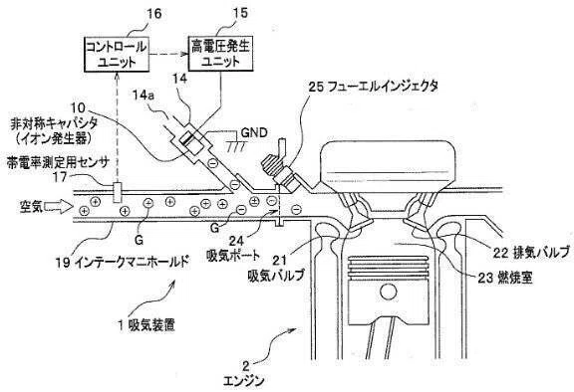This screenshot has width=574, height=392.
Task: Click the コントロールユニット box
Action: pyautogui.click(x=118, y=54)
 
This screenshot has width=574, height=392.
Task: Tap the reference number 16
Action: pyautogui.click(x=153, y=14)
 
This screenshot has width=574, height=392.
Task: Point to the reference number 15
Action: pyautogui.click(x=240, y=13)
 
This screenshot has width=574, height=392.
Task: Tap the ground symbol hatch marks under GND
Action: pyautogui.click(x=235, y=146)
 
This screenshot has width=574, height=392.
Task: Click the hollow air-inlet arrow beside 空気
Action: pyautogui.click(x=58, y=207)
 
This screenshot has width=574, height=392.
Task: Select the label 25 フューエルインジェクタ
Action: pyautogui.click(x=374, y=87)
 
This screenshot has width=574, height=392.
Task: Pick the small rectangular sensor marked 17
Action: pyautogui.click(x=118, y=192)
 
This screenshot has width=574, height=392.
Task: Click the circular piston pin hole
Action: pyautogui.click(x=389, y=292)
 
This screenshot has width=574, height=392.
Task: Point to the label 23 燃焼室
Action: pyautogui.click(x=505, y=279)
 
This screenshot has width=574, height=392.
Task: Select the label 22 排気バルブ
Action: pyautogui.click(x=531, y=253)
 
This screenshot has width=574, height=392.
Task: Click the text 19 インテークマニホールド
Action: pyautogui.click(x=123, y=262)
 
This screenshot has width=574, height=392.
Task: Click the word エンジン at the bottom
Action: pyautogui.click(x=243, y=381)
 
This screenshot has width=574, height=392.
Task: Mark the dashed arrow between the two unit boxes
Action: pyautogui.click(x=169, y=55)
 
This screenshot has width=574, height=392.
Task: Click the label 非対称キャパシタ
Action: pyautogui.click(x=54, y=124)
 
